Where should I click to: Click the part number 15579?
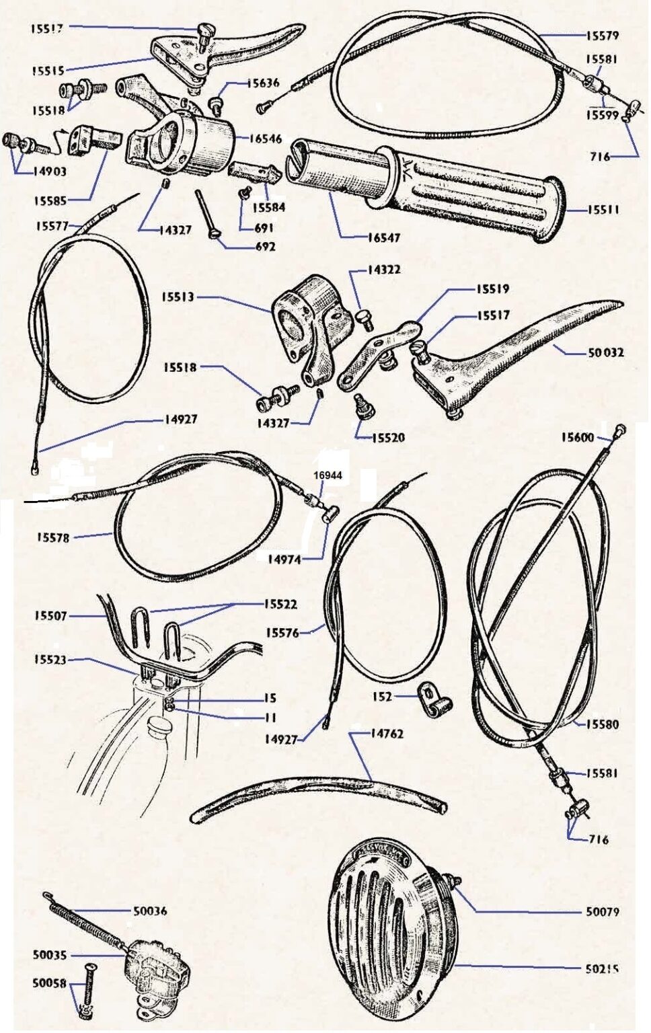click(602, 35)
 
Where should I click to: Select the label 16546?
click(266, 139)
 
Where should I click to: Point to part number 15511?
click(603, 210)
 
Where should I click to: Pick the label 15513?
click(178, 297)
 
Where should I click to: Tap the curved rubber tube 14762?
click(323, 794)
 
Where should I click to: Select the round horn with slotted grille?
click(390, 935)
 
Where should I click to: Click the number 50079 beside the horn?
click(602, 912)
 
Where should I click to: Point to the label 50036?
click(150, 911)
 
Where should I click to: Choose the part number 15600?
click(578, 438)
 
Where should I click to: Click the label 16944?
click(328, 475)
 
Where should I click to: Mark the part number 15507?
click(50, 615)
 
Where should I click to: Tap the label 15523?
click(50, 660)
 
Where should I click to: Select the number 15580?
click(602, 724)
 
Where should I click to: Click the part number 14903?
click(50, 171)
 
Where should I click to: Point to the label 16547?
click(383, 237)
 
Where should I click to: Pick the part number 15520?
click(388, 438)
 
